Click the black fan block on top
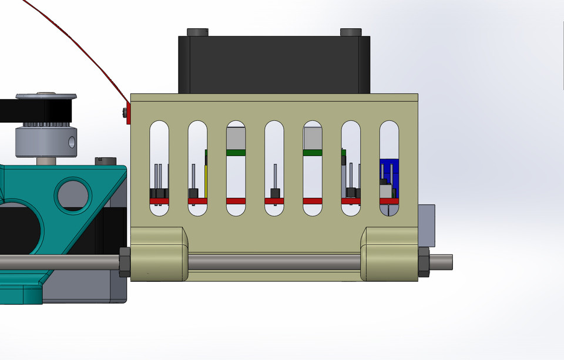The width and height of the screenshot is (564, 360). [x=274, y=65]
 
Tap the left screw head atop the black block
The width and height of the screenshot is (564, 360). [x=197, y=32]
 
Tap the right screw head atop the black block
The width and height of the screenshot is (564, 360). [x=351, y=32]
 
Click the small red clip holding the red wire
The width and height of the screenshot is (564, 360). [x=127, y=113]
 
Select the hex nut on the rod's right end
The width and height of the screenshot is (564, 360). [x=424, y=262]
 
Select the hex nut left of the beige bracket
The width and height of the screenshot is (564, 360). [x=125, y=262]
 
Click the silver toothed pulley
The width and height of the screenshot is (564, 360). [x=46, y=141]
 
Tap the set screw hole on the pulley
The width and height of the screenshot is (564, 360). [x=72, y=142]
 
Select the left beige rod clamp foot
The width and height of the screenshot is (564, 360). [x=157, y=254]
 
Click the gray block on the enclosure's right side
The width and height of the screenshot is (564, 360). [x=427, y=226]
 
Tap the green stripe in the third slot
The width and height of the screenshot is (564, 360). [x=236, y=153]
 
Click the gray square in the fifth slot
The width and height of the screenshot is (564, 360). [x=313, y=139]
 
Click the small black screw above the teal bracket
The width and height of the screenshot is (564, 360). [x=106, y=160]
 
